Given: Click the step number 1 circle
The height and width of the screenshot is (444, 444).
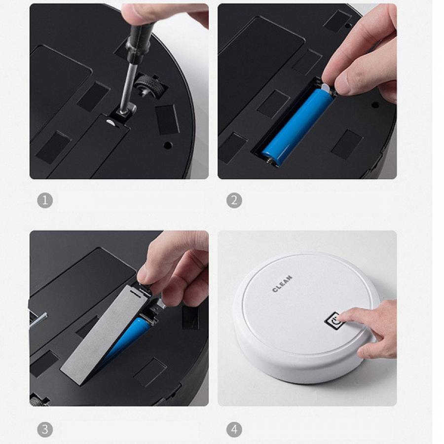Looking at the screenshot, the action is click(x=45, y=200).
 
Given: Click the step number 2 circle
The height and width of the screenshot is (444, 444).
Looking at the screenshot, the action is click(x=234, y=200).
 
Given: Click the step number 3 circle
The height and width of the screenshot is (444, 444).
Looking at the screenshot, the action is click(x=45, y=429).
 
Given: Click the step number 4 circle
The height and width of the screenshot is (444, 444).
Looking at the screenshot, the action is click(x=234, y=429).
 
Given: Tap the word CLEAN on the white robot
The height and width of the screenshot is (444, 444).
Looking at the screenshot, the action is click(x=282, y=284).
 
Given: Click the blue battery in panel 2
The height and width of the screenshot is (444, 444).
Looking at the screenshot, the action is click(x=297, y=125).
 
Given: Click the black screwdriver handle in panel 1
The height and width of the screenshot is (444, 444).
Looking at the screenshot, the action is click(x=139, y=42).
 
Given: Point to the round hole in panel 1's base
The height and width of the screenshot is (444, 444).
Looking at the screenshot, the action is click(x=168, y=146).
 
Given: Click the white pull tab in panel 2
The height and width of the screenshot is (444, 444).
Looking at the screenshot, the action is click(x=326, y=88).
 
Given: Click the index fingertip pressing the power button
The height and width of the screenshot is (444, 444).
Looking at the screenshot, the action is click(x=340, y=317).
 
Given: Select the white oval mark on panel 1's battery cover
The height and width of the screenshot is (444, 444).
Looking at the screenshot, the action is click(x=110, y=122).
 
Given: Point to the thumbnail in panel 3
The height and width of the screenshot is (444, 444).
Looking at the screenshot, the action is click(x=142, y=275).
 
